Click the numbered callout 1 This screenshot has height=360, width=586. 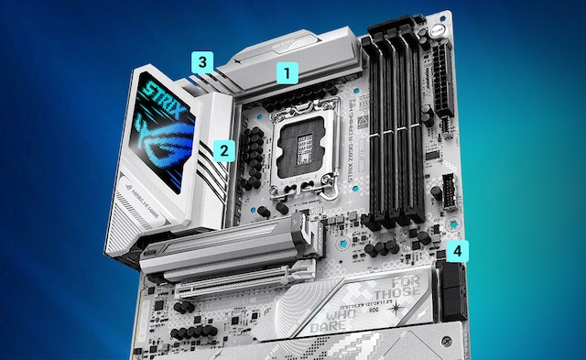tap(288, 71)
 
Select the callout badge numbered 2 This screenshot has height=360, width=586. tap(224, 147)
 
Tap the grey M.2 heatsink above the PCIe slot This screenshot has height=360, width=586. tap(229, 245)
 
